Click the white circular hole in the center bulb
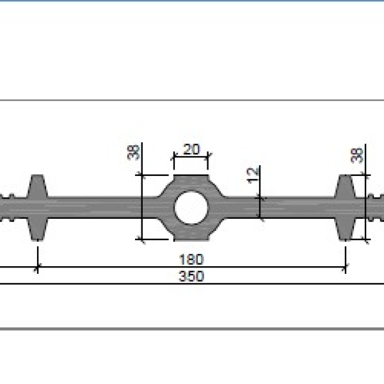click(191, 207)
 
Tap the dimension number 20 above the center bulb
click(191, 149)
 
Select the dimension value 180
click(191, 260)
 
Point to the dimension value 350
click(191, 276)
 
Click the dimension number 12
click(253, 175)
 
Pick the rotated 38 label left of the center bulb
click(134, 152)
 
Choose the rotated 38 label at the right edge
click(357, 156)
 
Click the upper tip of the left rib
click(37, 175)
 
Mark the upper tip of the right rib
click(346, 175)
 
